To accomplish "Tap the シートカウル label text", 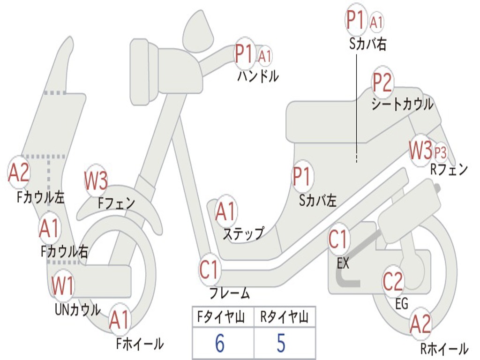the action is pos(402,104).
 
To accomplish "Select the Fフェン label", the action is pos(117,203).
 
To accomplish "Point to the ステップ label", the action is pos(243,233).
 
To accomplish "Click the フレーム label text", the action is pos(229,294).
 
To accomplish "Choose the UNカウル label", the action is pos(78,310).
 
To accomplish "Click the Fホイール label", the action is pos(140,344).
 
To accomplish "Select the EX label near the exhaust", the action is pos(343,263).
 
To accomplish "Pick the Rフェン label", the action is pos(449,170).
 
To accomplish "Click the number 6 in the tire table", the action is pos(220,343).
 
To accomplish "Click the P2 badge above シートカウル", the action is pos(382,82).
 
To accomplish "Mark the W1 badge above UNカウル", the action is pos(63,285).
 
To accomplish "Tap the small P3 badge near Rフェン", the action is pos(441,152).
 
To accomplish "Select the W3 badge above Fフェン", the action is pos(96,180).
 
